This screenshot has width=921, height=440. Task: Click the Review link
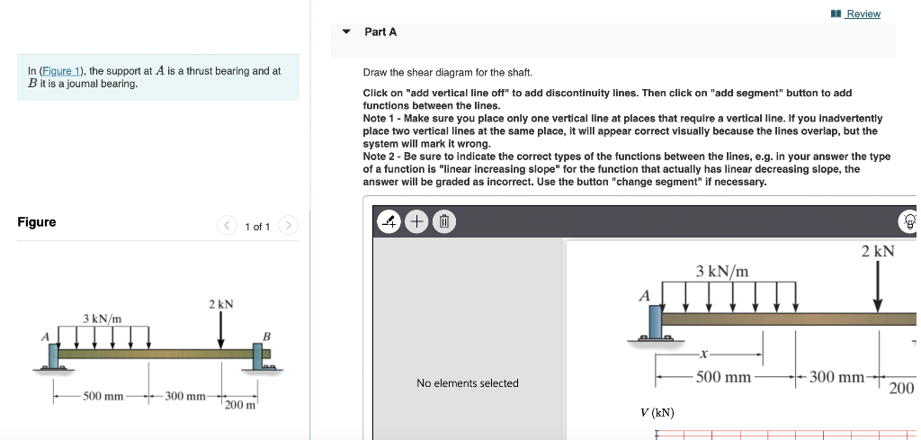click(x=863, y=13)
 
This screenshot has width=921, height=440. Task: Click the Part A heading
click(x=380, y=31)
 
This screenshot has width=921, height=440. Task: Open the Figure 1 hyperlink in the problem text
click(x=59, y=71)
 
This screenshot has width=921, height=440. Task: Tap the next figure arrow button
click(x=288, y=226)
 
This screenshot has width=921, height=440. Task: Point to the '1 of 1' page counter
click(x=257, y=227)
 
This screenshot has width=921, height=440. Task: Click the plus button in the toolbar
click(x=417, y=220)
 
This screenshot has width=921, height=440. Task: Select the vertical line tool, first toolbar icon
click(x=388, y=220)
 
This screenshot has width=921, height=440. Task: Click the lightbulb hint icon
click(x=908, y=221)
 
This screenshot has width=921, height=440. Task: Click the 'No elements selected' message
click(x=468, y=383)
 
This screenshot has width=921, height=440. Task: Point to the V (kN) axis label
click(x=657, y=413)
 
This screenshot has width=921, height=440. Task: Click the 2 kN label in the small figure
click(x=220, y=304)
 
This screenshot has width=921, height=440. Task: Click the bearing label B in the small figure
click(x=265, y=337)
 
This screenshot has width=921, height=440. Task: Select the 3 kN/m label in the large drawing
click(x=721, y=271)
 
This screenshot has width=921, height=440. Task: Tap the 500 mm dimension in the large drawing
click(x=723, y=377)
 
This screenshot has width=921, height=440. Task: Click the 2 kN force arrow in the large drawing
click(x=878, y=286)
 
